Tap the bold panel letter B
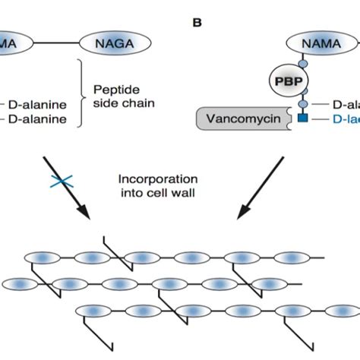197,22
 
